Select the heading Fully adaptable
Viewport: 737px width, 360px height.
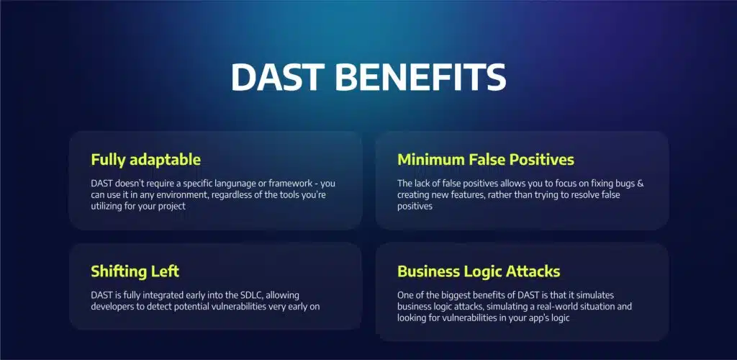[145, 161]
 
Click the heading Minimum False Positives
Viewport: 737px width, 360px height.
[486, 160]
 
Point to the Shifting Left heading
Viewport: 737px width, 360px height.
[135, 271]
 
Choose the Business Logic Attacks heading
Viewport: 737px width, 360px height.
[479, 271]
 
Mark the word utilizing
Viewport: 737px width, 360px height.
[107, 207]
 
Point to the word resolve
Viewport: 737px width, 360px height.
[581, 194]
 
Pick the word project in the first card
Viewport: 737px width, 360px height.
[171, 207]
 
